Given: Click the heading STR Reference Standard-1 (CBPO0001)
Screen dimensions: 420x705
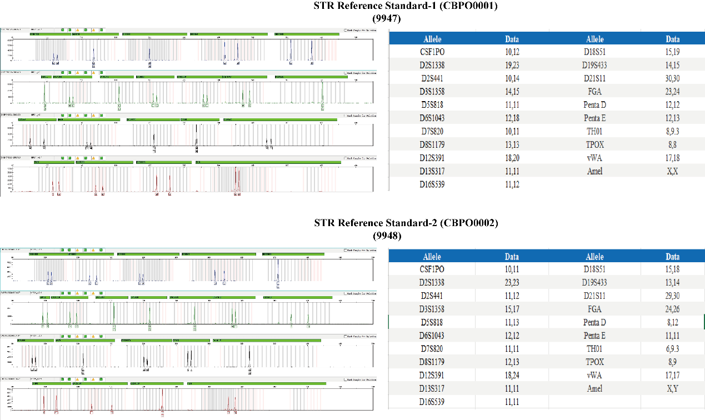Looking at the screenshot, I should click(406, 6).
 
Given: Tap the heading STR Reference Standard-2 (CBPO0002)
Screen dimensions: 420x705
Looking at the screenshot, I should click(406, 223).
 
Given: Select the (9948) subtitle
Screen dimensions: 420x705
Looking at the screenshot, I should click(387, 236).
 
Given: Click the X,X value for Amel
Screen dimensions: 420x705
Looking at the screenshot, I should click(672, 171).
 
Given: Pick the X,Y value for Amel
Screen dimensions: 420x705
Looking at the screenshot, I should click(672, 388).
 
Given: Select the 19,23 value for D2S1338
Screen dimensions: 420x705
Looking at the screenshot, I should click(512, 65).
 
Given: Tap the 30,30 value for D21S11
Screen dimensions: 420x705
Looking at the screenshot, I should click(672, 78).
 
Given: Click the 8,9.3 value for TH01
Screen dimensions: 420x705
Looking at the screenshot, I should click(672, 131).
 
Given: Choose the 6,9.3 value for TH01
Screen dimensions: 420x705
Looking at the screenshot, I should click(672, 349).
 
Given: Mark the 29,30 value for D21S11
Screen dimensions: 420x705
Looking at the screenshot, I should click(672, 296).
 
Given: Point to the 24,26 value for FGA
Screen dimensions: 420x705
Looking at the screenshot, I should click(672, 309).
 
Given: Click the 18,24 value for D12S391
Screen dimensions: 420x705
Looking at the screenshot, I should click(512, 375).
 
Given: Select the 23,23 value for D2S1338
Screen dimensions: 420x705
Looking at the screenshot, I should click(512, 282).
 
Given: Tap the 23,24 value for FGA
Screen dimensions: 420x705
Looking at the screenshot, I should click(672, 92).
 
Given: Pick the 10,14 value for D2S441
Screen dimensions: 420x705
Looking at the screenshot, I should click(512, 78).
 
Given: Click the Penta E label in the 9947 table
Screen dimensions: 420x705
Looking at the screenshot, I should click(594, 118).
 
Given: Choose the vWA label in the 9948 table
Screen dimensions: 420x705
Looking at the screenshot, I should click(594, 375).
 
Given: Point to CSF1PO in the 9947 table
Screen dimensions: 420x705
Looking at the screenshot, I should click(432, 52).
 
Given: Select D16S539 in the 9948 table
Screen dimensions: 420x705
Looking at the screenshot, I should click(432, 402).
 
